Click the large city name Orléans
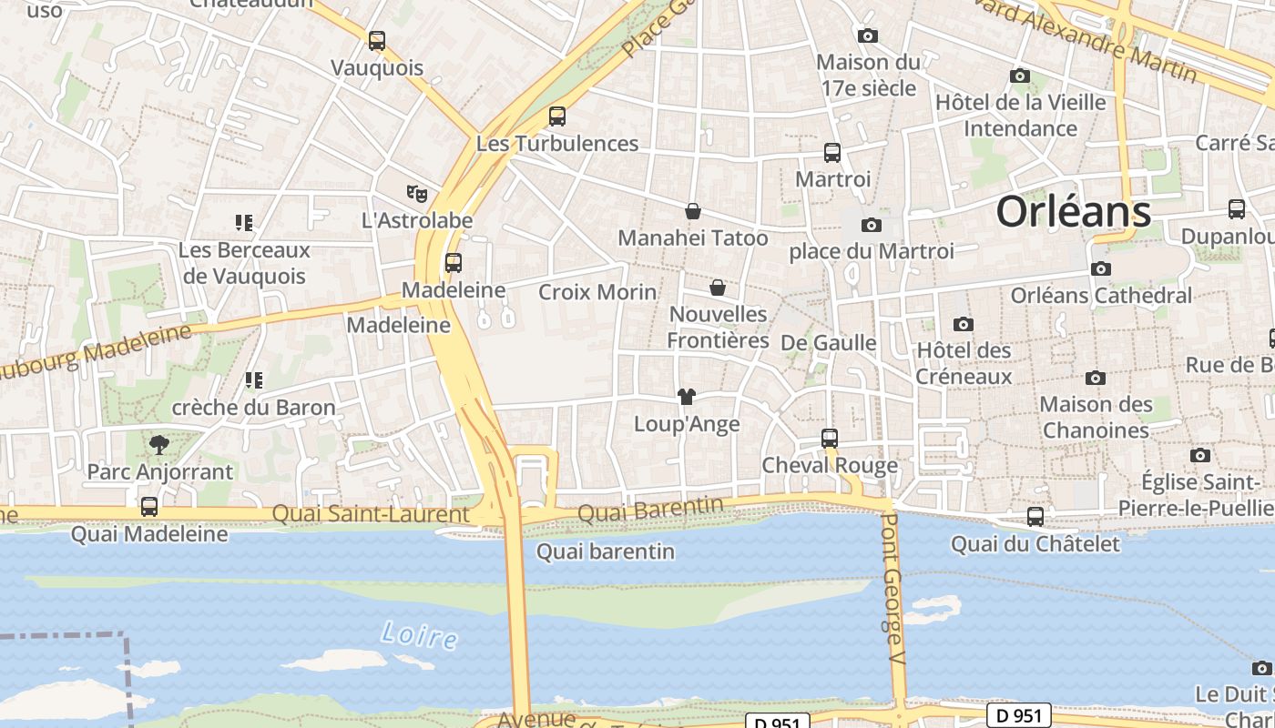(1073, 212)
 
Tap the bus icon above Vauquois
(377, 41)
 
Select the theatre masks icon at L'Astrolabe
(417, 193)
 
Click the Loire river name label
(420, 634)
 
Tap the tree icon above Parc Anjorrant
(159, 445)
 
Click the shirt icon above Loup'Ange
(687, 397)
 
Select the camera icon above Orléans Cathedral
(1101, 269)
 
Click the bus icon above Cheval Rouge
(830, 439)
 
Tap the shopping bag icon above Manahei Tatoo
(693, 211)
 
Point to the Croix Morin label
(597, 292)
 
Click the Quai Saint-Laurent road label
(371, 514)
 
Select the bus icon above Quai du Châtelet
(1035, 517)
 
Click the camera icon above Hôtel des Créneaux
(964, 324)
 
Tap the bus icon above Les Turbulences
(557, 116)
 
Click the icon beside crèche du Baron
(253, 380)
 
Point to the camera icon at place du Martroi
(872, 225)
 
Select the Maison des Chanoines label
(1096, 417)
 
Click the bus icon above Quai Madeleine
(149, 507)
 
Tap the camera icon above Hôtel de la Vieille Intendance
(1020, 76)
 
